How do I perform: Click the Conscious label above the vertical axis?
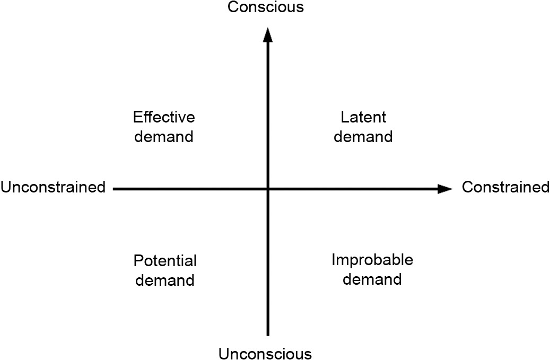coord(265,7)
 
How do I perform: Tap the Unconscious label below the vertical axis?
coord(265,353)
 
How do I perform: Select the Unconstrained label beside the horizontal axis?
coord(53,187)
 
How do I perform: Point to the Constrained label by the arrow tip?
coord(505,187)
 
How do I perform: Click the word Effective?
coord(164,117)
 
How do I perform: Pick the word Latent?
coord(363,117)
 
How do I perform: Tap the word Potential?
coord(165,261)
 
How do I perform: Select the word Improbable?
coord(372,260)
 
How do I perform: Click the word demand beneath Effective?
coord(164,136)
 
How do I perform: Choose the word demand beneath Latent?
coord(363,136)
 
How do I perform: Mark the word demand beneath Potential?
coord(165,280)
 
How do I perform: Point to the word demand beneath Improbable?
coord(372,278)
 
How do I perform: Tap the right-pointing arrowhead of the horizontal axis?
coord(444,189)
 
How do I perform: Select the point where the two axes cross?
coord(268,189)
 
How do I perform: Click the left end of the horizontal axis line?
coord(115,189)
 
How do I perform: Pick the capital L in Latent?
coord(344,117)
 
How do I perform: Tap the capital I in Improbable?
coord(334,260)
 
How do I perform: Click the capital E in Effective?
coord(137,117)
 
